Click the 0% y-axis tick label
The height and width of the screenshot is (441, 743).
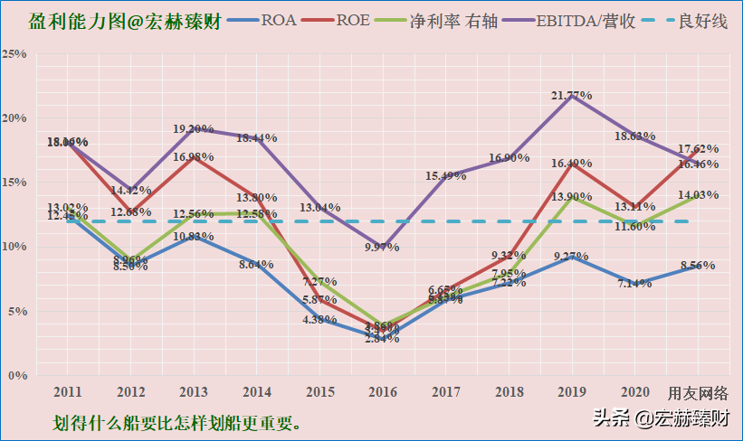tap(17, 375)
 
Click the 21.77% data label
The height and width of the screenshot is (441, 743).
tap(572, 95)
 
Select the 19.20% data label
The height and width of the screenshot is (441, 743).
tap(194, 129)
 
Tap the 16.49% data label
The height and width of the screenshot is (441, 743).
tap(571, 164)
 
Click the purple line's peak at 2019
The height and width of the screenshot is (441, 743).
tap(571, 95)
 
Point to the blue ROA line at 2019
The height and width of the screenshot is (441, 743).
tap(571, 256)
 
